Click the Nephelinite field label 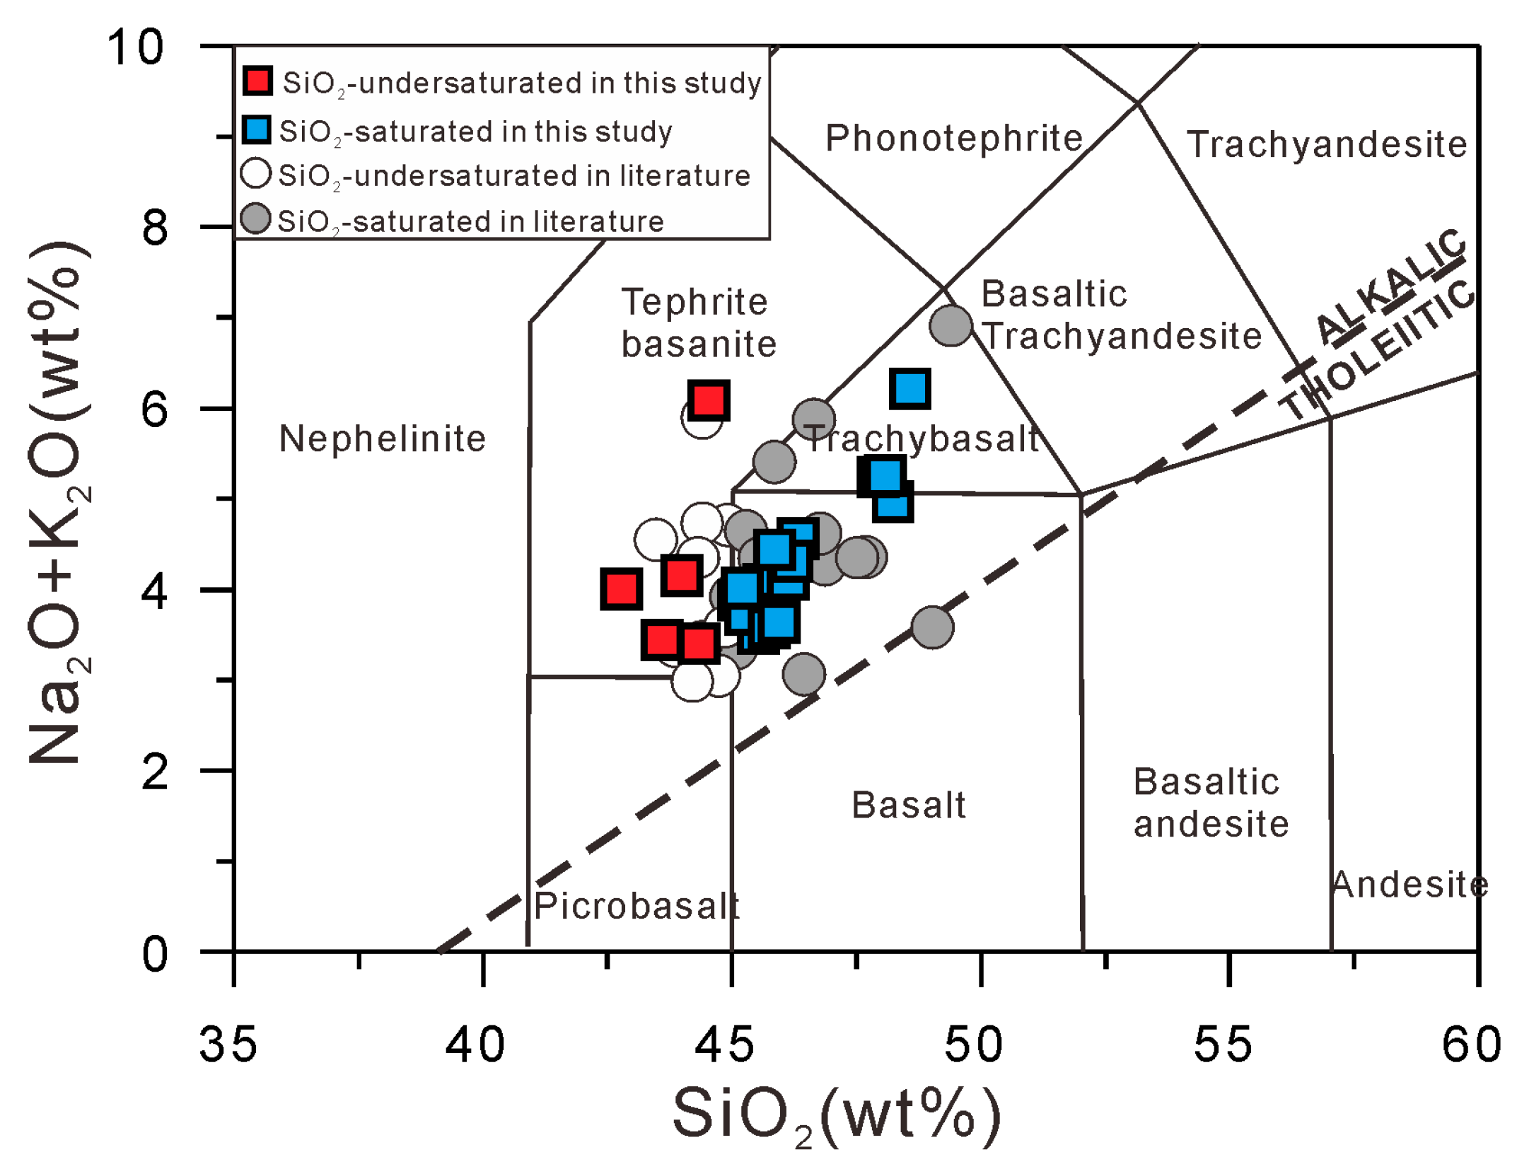coord(382,439)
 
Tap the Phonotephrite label coord(953,139)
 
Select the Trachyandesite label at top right coord(1326,145)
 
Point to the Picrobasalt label coord(635,907)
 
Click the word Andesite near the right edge coord(1409,885)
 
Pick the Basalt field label coord(908,805)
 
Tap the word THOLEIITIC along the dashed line coord(1379,349)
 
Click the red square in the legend coord(257,81)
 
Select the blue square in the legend coord(255,130)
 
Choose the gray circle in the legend coord(255,219)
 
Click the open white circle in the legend coord(255,173)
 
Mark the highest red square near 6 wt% coord(709,400)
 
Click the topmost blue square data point coord(909,388)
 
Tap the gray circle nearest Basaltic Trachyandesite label coord(950,326)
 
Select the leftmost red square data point coord(621,588)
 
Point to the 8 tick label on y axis coord(154,228)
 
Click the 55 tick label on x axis coord(1222,1045)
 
